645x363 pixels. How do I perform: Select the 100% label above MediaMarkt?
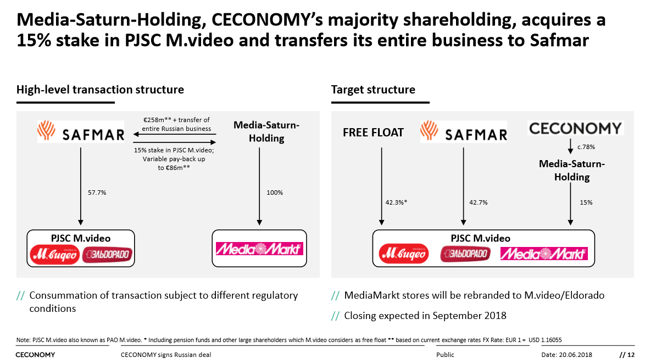tap(275, 193)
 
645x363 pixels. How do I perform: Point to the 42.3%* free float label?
tap(396, 202)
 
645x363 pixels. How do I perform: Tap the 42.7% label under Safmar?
tap(478, 202)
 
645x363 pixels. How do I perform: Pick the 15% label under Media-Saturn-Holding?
tap(586, 202)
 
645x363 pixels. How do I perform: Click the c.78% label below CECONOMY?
tap(586, 147)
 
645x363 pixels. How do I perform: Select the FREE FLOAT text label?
tap(373, 133)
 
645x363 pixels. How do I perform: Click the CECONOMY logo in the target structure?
tap(575, 129)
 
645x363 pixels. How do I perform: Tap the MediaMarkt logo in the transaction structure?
tap(259, 249)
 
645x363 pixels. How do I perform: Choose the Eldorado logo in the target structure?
tap(465, 254)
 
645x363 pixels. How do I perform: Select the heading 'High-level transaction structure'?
tap(100, 90)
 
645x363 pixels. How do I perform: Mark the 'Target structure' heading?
tap(373, 90)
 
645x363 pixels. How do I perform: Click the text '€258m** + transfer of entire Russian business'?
tap(176, 124)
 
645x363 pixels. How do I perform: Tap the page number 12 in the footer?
tap(631, 355)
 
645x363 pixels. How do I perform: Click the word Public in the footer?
tap(445, 355)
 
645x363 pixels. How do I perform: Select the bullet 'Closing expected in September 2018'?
tap(425, 316)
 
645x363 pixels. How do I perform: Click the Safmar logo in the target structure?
tap(463, 133)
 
